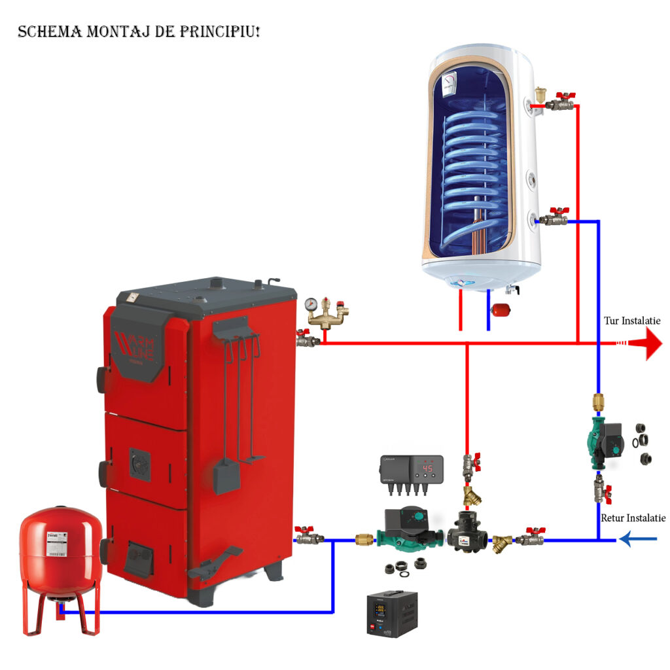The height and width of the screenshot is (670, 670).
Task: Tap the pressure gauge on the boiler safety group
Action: tap(309, 304)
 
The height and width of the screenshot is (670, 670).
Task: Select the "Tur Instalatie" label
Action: tap(631, 321)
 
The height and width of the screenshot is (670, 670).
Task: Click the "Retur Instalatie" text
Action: tap(633, 518)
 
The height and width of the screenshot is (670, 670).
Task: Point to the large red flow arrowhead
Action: tap(654, 343)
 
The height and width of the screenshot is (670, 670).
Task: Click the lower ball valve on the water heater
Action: tap(556, 217)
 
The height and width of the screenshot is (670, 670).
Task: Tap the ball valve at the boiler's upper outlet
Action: tap(305, 339)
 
